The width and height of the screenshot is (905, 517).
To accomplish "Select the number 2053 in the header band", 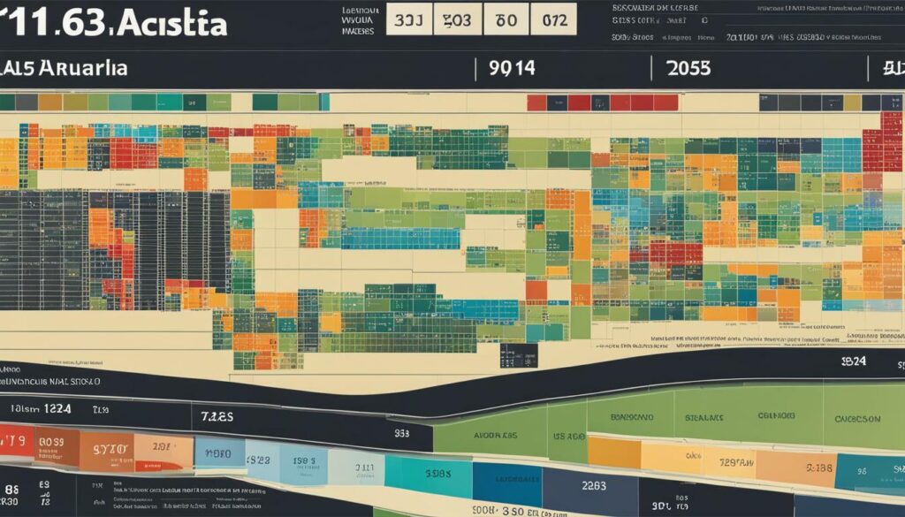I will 688,68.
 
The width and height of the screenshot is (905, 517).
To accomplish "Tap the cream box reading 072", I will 555,19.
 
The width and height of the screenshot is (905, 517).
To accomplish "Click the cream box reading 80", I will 506,19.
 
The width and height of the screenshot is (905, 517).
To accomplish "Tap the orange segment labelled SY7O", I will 110,448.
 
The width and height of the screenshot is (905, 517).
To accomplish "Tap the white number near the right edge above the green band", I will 854,361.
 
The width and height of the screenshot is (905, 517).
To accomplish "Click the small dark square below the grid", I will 518,356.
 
